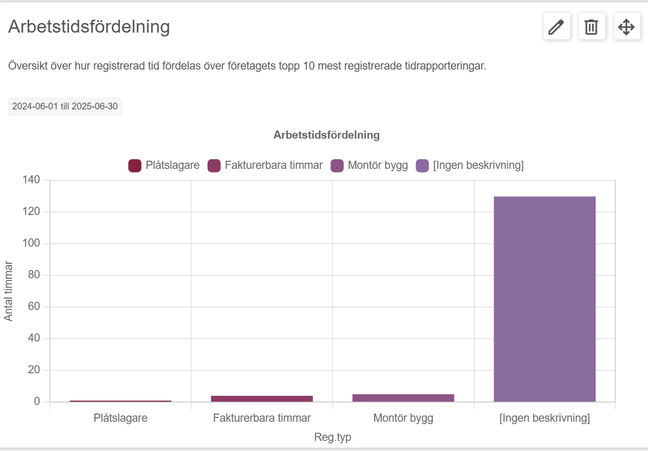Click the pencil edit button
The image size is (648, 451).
point(557,26)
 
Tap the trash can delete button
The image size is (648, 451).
point(592,26)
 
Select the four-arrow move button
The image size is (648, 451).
point(627,26)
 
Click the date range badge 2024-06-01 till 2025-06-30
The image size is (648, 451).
point(65,107)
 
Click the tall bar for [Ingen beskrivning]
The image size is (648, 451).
point(545,299)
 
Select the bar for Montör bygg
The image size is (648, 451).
point(403,398)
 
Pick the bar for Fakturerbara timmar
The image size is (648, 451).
point(262,399)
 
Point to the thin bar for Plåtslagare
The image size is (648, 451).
point(120,401)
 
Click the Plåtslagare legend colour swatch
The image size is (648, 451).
point(135,166)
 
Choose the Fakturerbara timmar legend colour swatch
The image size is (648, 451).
point(214,166)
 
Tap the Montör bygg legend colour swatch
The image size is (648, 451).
point(337,166)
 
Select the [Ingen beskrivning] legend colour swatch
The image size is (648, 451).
point(422,166)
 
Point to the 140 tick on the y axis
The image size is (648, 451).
point(31,180)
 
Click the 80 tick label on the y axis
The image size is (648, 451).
point(34,274)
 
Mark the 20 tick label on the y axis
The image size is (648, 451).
point(34,370)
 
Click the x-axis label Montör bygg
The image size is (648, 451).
point(403,418)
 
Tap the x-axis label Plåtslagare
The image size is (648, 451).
point(120,418)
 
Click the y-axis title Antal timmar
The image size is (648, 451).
point(8,291)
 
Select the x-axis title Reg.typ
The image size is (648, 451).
point(333,437)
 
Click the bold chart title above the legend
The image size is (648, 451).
point(326,135)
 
